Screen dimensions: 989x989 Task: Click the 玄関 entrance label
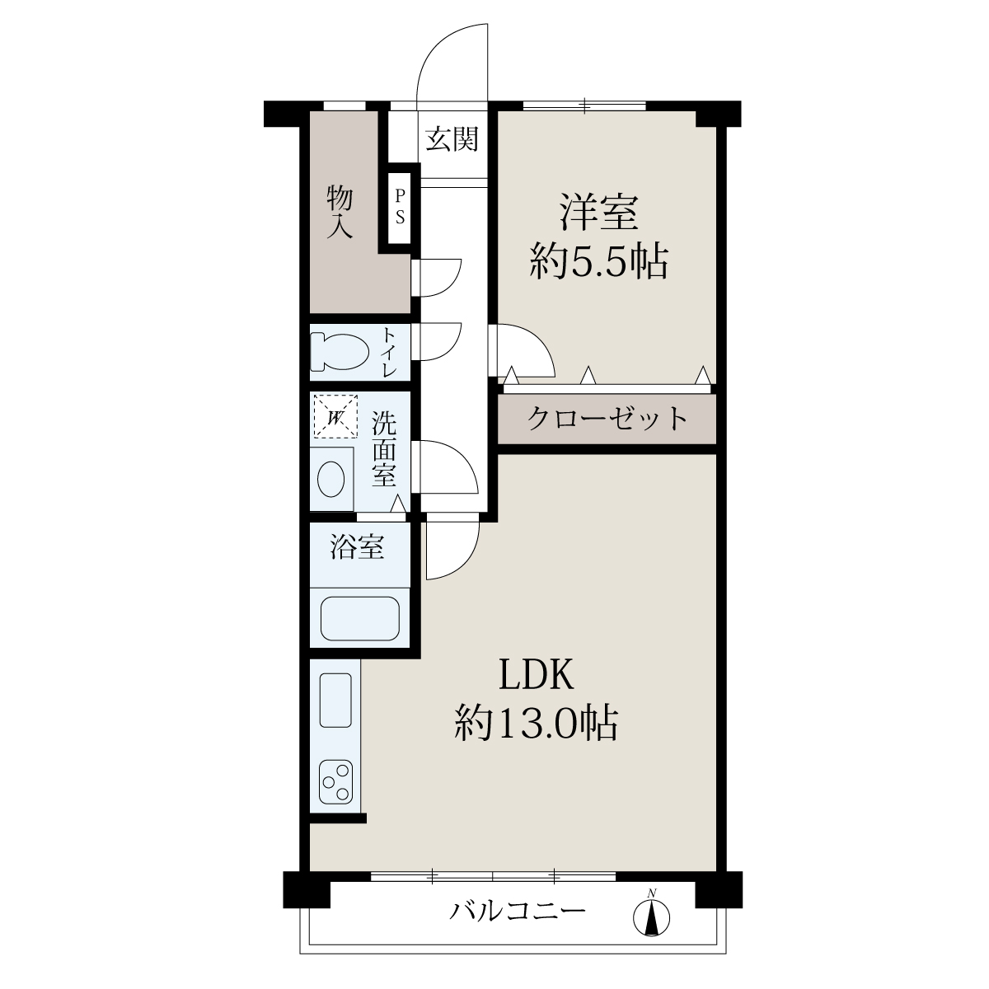click(452, 139)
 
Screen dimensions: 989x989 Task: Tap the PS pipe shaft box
click(399, 209)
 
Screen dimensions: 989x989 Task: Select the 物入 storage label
click(340, 213)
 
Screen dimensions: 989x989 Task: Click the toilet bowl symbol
click(340, 352)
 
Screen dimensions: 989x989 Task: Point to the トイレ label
click(390, 353)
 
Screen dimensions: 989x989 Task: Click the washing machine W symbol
click(335, 415)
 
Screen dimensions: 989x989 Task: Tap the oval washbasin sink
click(331, 478)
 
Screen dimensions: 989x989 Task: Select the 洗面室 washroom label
click(384, 448)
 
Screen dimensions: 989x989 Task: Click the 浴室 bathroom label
click(357, 546)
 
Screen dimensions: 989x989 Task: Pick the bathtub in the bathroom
click(360, 618)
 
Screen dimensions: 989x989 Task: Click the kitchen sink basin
click(335, 700)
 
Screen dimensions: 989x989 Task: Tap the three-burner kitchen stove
click(335, 781)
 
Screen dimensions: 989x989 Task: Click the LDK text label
click(537, 675)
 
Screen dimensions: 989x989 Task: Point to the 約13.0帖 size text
click(536, 723)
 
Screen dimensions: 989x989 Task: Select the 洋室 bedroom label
click(599, 212)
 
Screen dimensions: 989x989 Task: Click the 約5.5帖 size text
click(599, 260)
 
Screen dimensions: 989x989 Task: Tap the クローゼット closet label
click(607, 419)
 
